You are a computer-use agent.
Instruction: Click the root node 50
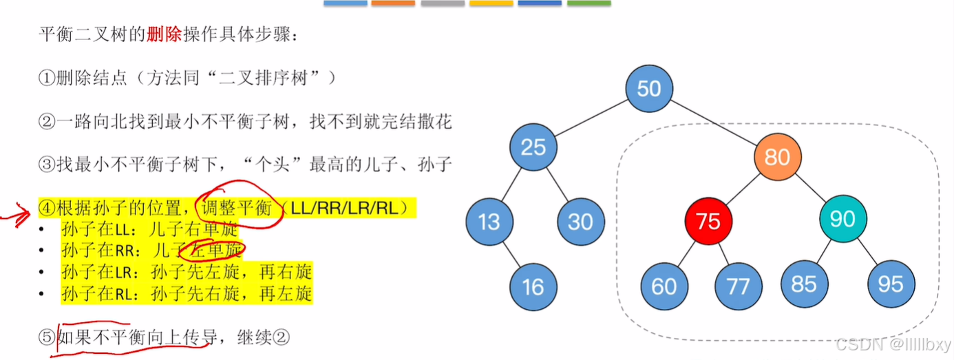[649, 88]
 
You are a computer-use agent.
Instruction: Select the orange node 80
[777, 157]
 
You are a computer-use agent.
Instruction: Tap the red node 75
[708, 220]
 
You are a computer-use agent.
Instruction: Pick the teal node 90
[842, 219]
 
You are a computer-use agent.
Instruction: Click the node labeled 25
[533, 147]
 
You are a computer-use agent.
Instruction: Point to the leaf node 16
[533, 286]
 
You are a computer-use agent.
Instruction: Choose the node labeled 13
[489, 222]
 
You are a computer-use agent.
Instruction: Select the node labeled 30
[580, 222]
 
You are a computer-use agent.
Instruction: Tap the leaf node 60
[664, 286]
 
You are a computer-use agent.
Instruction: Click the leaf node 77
[738, 286]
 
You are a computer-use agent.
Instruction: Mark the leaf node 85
[804, 284]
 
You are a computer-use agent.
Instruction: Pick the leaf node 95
[891, 284]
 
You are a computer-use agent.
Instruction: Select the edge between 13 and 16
[511, 254]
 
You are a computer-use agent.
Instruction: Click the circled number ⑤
[45, 337]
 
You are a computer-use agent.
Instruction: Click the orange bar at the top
[393, 3]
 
